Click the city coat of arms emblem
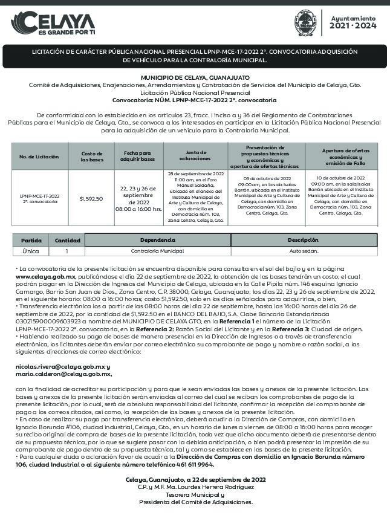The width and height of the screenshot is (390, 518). (x=304, y=22)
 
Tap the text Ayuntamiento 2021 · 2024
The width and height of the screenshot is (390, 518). (x=353, y=22)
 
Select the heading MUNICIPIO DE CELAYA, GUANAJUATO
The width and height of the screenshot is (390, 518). (x=195, y=78)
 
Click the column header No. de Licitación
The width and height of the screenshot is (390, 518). (x=39, y=157)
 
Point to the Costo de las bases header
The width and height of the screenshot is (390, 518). (x=92, y=157)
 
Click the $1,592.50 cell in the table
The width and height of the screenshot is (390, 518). (x=91, y=198)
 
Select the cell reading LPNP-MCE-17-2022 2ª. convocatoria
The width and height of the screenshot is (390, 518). (x=39, y=198)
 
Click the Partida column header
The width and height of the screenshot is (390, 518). (x=31, y=240)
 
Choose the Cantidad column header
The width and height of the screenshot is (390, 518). (x=67, y=240)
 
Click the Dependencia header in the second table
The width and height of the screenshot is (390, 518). (x=157, y=240)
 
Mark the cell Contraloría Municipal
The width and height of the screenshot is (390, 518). (x=157, y=250)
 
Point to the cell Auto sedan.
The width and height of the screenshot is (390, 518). (x=304, y=250)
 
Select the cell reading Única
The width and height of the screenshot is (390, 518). (x=31, y=250)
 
